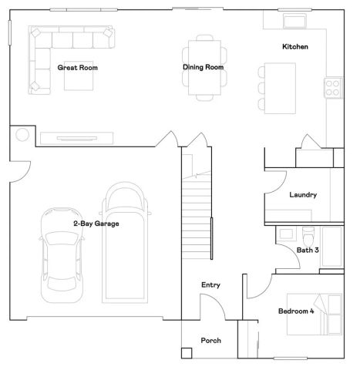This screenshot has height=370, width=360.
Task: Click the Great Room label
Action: point(77,68)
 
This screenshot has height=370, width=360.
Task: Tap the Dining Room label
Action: point(204,67)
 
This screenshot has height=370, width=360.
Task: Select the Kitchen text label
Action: point(294,47)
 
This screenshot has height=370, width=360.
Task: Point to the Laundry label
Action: point(303,195)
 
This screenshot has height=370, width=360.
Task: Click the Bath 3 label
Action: point(308,250)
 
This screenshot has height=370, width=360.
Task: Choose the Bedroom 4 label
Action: point(296,311)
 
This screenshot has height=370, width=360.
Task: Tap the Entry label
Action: point(210,285)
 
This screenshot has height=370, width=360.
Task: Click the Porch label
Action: point(210,340)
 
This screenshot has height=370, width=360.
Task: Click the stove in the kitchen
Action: point(333,88)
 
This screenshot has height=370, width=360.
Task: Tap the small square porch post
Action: point(186,354)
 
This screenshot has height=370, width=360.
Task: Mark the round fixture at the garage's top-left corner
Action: point(22,136)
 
